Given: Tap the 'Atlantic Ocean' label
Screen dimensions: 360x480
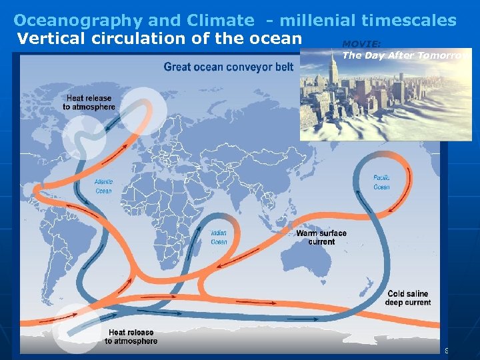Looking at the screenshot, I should tap(103, 186).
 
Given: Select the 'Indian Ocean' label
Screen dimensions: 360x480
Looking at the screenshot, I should tap(219, 237).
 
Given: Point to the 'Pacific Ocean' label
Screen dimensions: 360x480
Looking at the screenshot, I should tap(381, 182).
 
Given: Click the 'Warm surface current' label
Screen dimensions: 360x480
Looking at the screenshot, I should tap(321, 237).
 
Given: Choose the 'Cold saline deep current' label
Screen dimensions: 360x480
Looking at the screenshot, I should tap(407, 298).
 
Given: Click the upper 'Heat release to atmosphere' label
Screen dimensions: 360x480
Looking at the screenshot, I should tap(89, 103).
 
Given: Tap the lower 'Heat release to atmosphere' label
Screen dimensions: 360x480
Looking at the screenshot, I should tap(131, 336).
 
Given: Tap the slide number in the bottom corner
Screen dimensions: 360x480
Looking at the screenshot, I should tap(447, 351).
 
